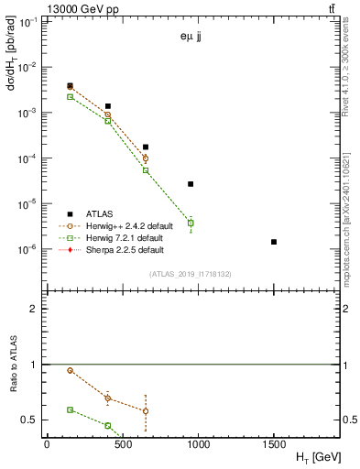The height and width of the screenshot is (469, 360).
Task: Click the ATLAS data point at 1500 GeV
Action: (274, 242)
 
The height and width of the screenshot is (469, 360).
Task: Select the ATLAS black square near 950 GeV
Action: (191, 184)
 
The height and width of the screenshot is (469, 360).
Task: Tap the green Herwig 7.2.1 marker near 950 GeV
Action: (191, 223)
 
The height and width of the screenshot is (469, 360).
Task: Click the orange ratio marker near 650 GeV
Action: (146, 410)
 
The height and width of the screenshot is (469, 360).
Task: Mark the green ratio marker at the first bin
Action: (71, 409)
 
